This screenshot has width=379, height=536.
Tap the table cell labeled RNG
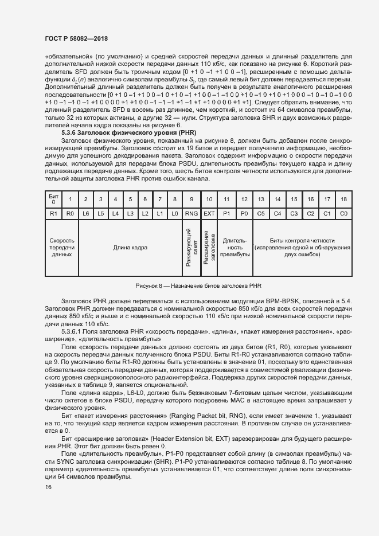191,213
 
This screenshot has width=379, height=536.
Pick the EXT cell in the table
209,213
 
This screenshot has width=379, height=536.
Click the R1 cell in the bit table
53,213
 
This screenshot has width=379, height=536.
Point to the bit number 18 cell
344,199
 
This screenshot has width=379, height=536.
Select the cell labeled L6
86,213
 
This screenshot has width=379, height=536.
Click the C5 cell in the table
261,213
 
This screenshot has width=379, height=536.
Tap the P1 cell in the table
226,213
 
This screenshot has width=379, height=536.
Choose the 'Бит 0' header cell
53,199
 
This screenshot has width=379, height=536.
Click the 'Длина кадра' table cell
130,248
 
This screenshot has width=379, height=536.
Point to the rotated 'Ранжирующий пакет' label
191,248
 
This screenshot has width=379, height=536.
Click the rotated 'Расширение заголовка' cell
209,248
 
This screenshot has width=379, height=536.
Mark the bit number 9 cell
191,199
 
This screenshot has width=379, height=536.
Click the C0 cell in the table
344,213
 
